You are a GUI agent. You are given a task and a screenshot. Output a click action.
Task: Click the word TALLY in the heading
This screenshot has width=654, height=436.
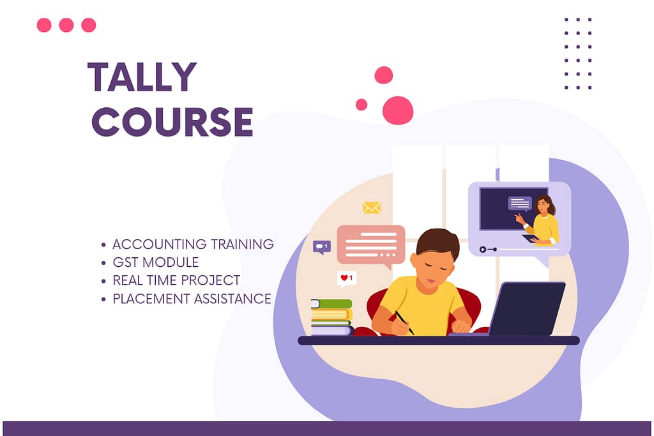coord(142,77)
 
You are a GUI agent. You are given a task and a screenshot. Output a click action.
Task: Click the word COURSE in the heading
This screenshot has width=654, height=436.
coord(172,121)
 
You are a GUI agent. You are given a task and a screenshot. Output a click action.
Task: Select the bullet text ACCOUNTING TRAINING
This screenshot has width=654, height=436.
coord(193,244)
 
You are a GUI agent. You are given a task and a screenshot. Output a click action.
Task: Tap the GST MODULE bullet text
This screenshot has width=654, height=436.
coord(155,262)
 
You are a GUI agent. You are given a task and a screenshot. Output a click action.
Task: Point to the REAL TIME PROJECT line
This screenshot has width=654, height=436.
coord(176,280)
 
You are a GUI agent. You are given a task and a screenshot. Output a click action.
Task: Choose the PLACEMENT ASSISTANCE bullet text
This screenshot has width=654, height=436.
coord(192,299)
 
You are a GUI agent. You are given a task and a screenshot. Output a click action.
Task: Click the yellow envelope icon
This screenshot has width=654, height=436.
coord(371,207)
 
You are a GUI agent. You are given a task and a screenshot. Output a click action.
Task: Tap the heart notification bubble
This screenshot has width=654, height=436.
coord(347,278)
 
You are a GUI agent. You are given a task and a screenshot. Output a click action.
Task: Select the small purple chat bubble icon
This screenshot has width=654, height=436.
coord(321,246)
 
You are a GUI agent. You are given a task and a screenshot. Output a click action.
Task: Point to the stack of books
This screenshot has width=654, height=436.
coord(331,317)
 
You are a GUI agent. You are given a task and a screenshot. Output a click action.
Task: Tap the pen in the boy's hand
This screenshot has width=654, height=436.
coord(404,322)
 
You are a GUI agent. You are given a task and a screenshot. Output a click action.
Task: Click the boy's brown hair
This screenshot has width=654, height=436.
coord(438,242)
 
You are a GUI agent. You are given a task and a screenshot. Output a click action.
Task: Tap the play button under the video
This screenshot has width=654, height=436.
coord(483,249)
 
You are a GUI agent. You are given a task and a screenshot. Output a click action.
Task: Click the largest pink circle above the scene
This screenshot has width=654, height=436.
coord(397,110)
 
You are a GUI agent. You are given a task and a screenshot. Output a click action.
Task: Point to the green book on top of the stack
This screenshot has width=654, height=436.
coord(331,304)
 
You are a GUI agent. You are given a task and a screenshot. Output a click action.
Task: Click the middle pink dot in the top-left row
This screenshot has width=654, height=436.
coord(66,25)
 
